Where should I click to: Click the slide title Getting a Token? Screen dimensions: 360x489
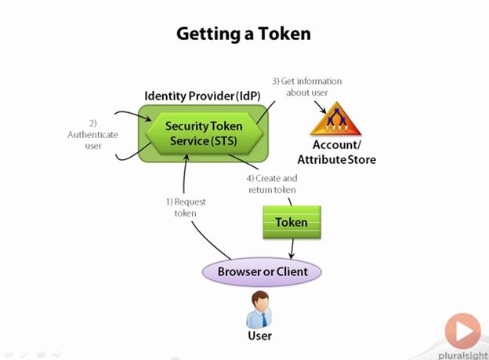244,34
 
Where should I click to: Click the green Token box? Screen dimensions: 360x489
291,222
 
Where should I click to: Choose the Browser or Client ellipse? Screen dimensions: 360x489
263,271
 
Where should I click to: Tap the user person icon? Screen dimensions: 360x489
260,309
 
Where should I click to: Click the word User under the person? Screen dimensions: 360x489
260,338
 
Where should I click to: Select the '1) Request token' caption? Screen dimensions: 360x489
185,207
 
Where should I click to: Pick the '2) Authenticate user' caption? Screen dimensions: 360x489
92,134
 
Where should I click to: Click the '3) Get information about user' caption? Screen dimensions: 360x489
306,86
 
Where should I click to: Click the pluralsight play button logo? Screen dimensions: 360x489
462,330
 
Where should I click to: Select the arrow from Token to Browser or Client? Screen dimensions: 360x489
292,249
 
